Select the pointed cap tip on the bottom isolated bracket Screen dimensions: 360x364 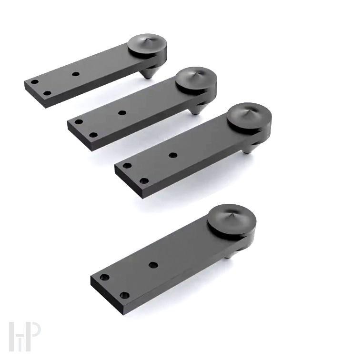232,213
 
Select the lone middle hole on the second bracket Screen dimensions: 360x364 122,113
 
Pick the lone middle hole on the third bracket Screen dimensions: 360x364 173,155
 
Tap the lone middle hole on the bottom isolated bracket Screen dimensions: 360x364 153,265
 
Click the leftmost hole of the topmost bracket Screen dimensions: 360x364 34,82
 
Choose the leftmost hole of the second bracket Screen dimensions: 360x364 79,122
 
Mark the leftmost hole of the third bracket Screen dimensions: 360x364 127,166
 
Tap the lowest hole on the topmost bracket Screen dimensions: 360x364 47,93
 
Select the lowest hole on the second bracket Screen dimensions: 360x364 93,135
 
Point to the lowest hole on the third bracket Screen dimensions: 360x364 143,181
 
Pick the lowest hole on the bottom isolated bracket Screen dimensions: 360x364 124,296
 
